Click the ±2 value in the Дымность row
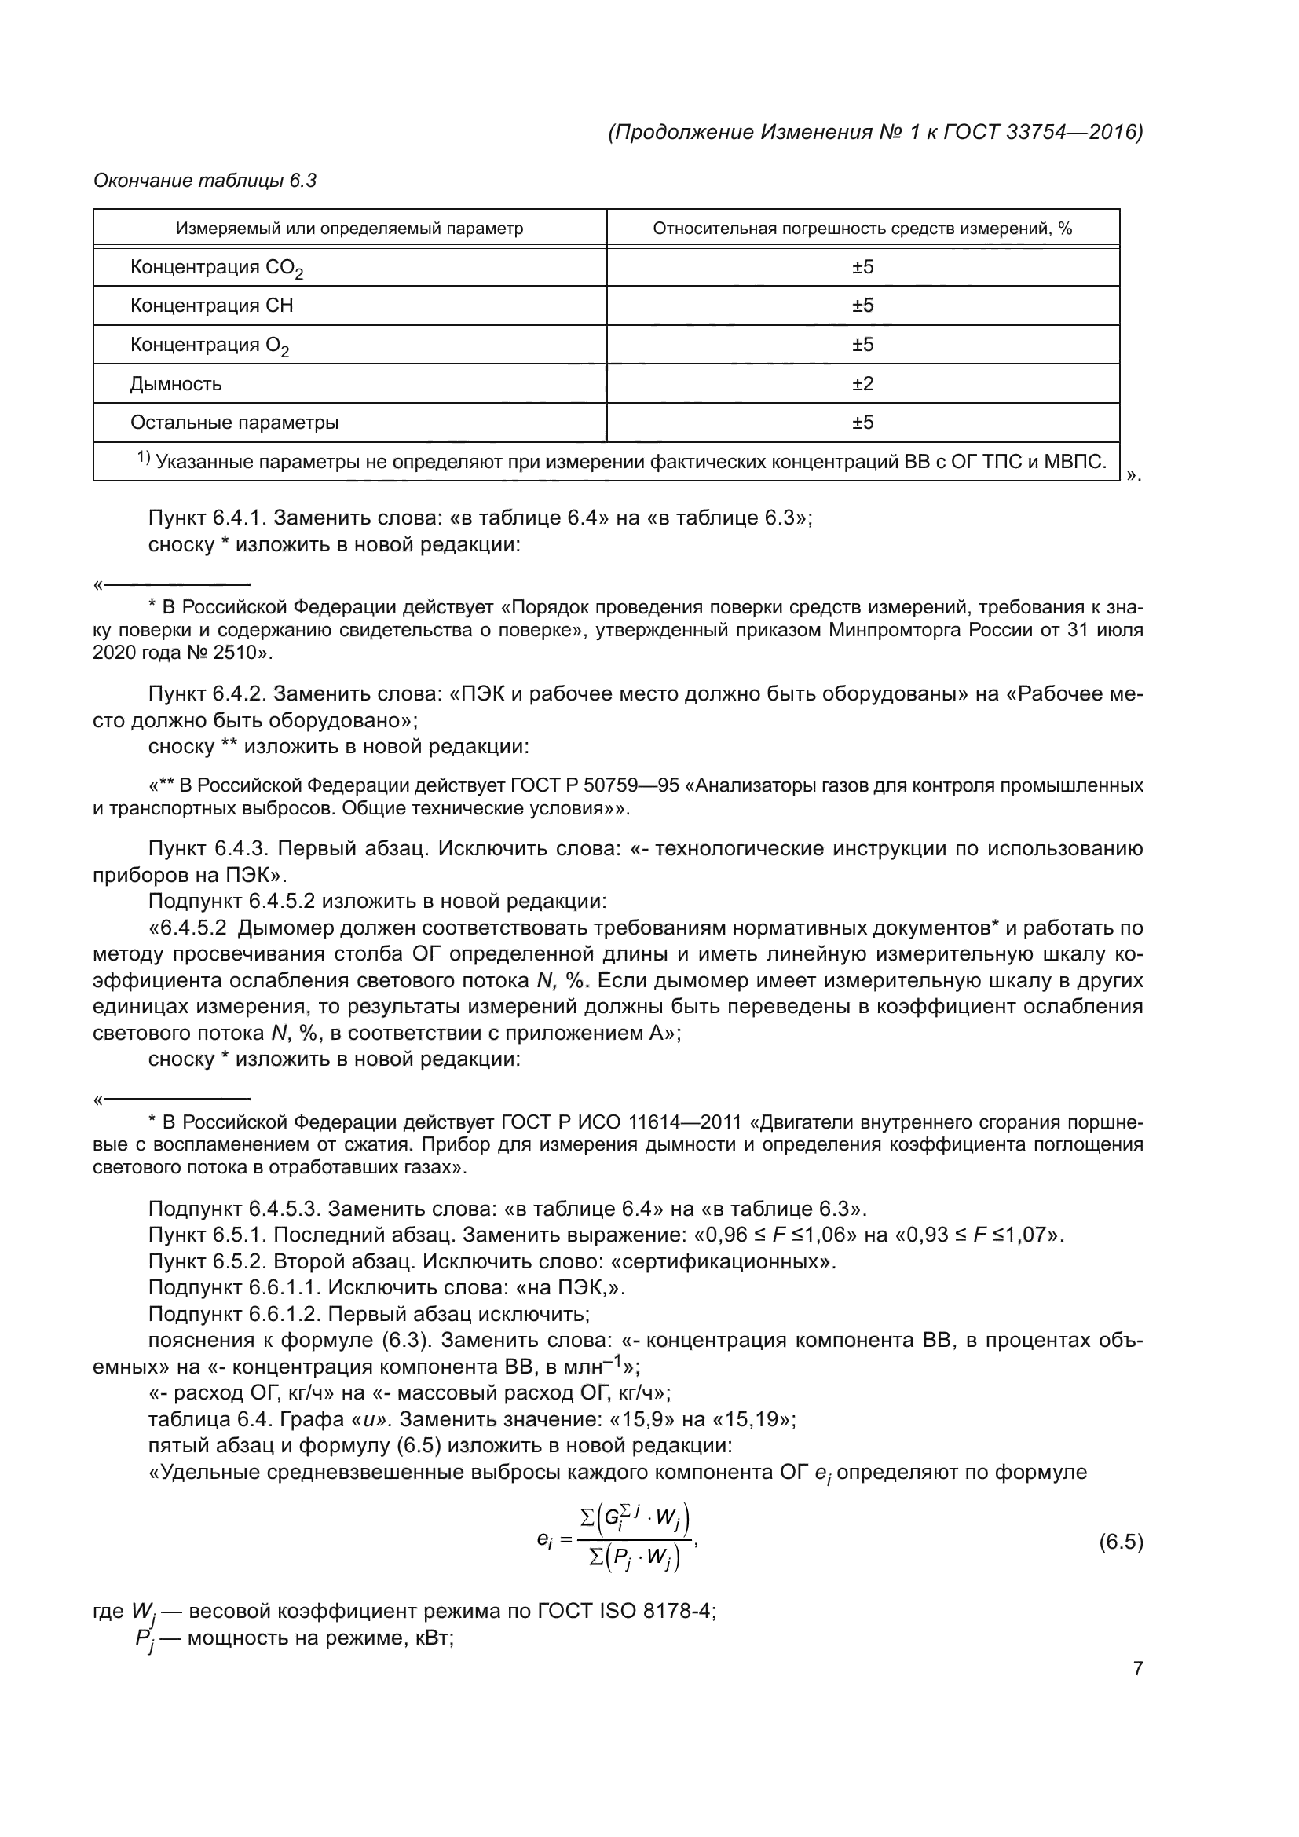862,384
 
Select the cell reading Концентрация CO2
217,268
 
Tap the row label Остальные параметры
234,423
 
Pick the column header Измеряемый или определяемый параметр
349,229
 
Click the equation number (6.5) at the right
1121,1542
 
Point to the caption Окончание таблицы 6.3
205,181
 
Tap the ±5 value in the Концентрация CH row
862,306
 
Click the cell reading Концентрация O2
210,346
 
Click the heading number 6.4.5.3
285,1208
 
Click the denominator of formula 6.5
635,1557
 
